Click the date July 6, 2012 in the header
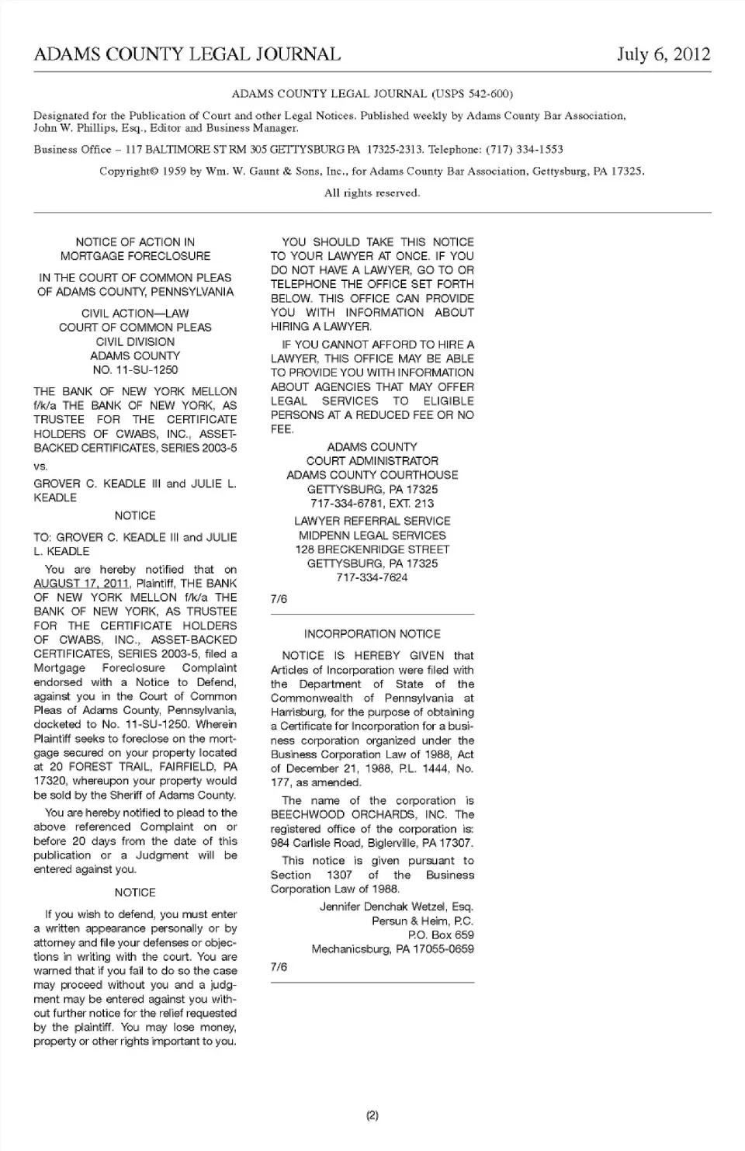[663, 54]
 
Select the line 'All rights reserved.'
[372, 192]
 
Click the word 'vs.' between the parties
[40, 466]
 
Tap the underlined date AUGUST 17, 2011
[81, 584]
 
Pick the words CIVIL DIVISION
[135, 341]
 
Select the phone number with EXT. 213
[372, 504]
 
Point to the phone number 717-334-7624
[372, 577]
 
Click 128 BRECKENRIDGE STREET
[372, 549]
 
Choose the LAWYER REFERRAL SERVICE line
[372, 521]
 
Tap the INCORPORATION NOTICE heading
[372, 634]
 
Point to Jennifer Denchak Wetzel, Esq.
[396, 907]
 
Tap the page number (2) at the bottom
[372, 1115]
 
